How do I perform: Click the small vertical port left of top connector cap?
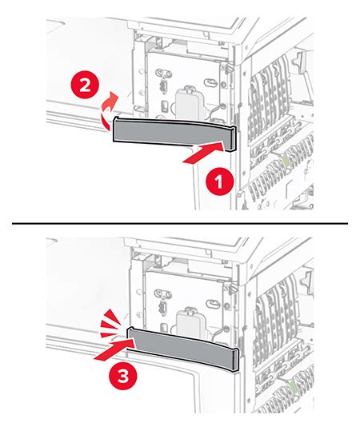click(162, 85)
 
